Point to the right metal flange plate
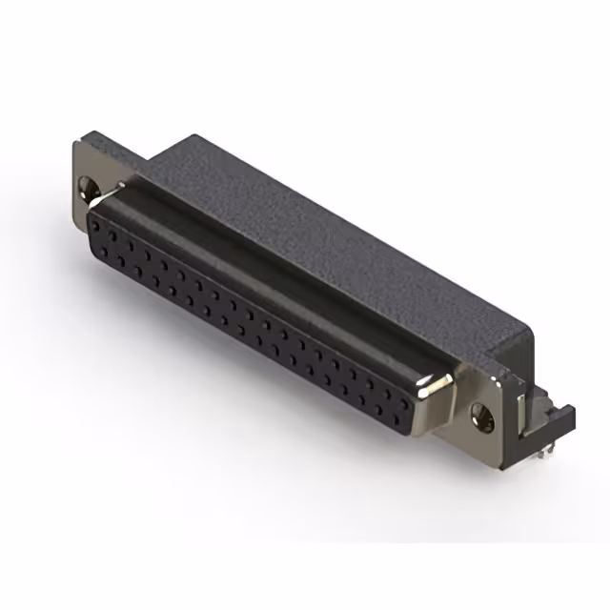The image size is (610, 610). [x=486, y=400]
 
